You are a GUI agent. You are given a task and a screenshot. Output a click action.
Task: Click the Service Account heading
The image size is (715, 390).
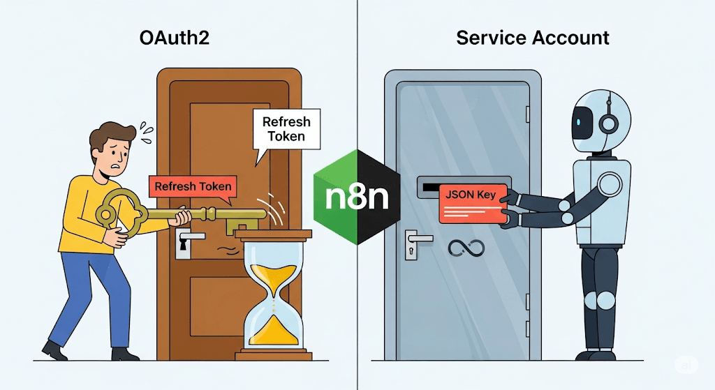533,38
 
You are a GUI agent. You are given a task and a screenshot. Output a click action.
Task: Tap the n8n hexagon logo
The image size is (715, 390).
357,197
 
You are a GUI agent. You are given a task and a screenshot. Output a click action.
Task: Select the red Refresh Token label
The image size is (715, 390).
193,186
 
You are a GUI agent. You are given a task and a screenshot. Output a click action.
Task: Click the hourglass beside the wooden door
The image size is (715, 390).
273,297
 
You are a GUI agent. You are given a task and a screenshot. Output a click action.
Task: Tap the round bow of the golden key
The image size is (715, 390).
121,213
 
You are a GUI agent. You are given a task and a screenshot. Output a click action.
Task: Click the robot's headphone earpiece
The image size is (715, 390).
609,124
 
